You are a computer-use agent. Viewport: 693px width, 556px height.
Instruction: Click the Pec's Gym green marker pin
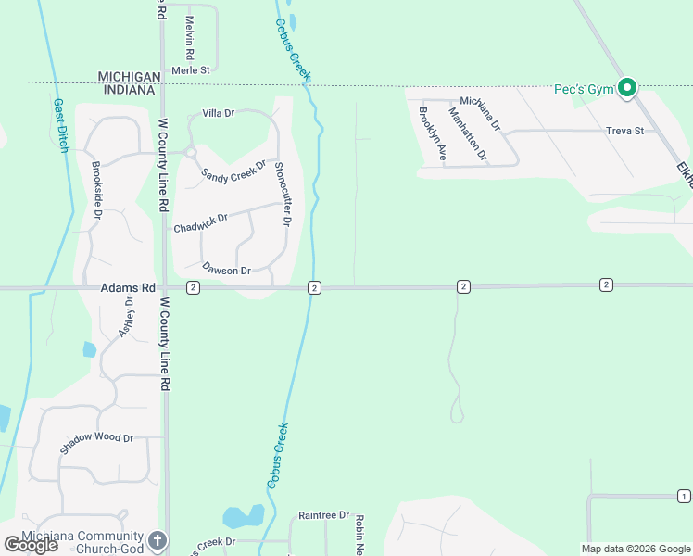click(x=627, y=89)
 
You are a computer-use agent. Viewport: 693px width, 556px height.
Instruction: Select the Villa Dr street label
click(x=219, y=113)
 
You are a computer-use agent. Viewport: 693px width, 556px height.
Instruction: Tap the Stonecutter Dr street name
click(x=282, y=194)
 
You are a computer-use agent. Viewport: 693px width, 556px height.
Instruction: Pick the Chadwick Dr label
click(x=200, y=223)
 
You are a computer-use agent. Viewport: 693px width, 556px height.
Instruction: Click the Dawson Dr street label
click(x=226, y=271)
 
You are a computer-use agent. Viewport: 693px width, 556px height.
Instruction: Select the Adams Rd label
click(x=129, y=288)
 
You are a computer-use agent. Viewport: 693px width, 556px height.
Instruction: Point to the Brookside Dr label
click(x=96, y=191)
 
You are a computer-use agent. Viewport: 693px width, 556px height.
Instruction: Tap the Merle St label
click(x=191, y=69)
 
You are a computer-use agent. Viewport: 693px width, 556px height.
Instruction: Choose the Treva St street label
click(x=624, y=131)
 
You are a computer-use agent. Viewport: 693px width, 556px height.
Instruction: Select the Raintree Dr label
click(x=323, y=515)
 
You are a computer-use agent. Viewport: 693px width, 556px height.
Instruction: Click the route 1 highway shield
click(x=684, y=497)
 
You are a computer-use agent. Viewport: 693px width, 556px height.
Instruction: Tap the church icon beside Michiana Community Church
click(x=157, y=539)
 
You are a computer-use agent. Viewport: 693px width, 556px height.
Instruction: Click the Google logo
click(x=31, y=544)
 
